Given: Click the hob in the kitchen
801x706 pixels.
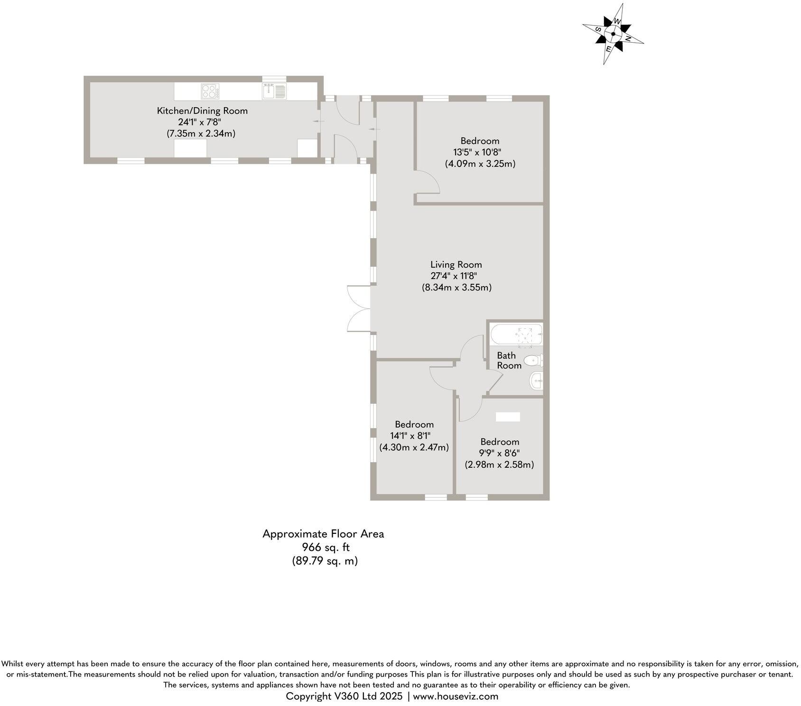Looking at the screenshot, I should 210,91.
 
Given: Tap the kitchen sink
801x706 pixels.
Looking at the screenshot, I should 274,91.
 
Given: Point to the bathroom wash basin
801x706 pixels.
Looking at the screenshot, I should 536,381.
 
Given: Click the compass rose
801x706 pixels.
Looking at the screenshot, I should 613,34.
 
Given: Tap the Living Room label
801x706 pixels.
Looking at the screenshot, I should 456,265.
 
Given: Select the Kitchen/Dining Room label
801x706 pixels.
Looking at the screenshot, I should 202,111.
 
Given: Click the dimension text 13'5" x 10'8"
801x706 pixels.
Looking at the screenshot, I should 477,152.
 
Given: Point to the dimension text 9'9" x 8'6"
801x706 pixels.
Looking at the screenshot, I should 499,453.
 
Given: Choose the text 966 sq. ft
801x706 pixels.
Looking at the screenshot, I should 323,547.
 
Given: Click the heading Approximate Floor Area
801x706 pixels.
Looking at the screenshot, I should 323,534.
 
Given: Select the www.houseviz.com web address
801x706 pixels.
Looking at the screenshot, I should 456,697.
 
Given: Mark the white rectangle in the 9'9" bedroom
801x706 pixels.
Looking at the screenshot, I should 508,417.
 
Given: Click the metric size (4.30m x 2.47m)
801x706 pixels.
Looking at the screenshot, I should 414,447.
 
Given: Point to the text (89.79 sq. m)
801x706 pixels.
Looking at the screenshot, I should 325,561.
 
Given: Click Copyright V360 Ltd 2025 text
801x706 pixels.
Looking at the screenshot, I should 344,697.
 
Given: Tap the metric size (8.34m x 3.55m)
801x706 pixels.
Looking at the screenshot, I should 456,288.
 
